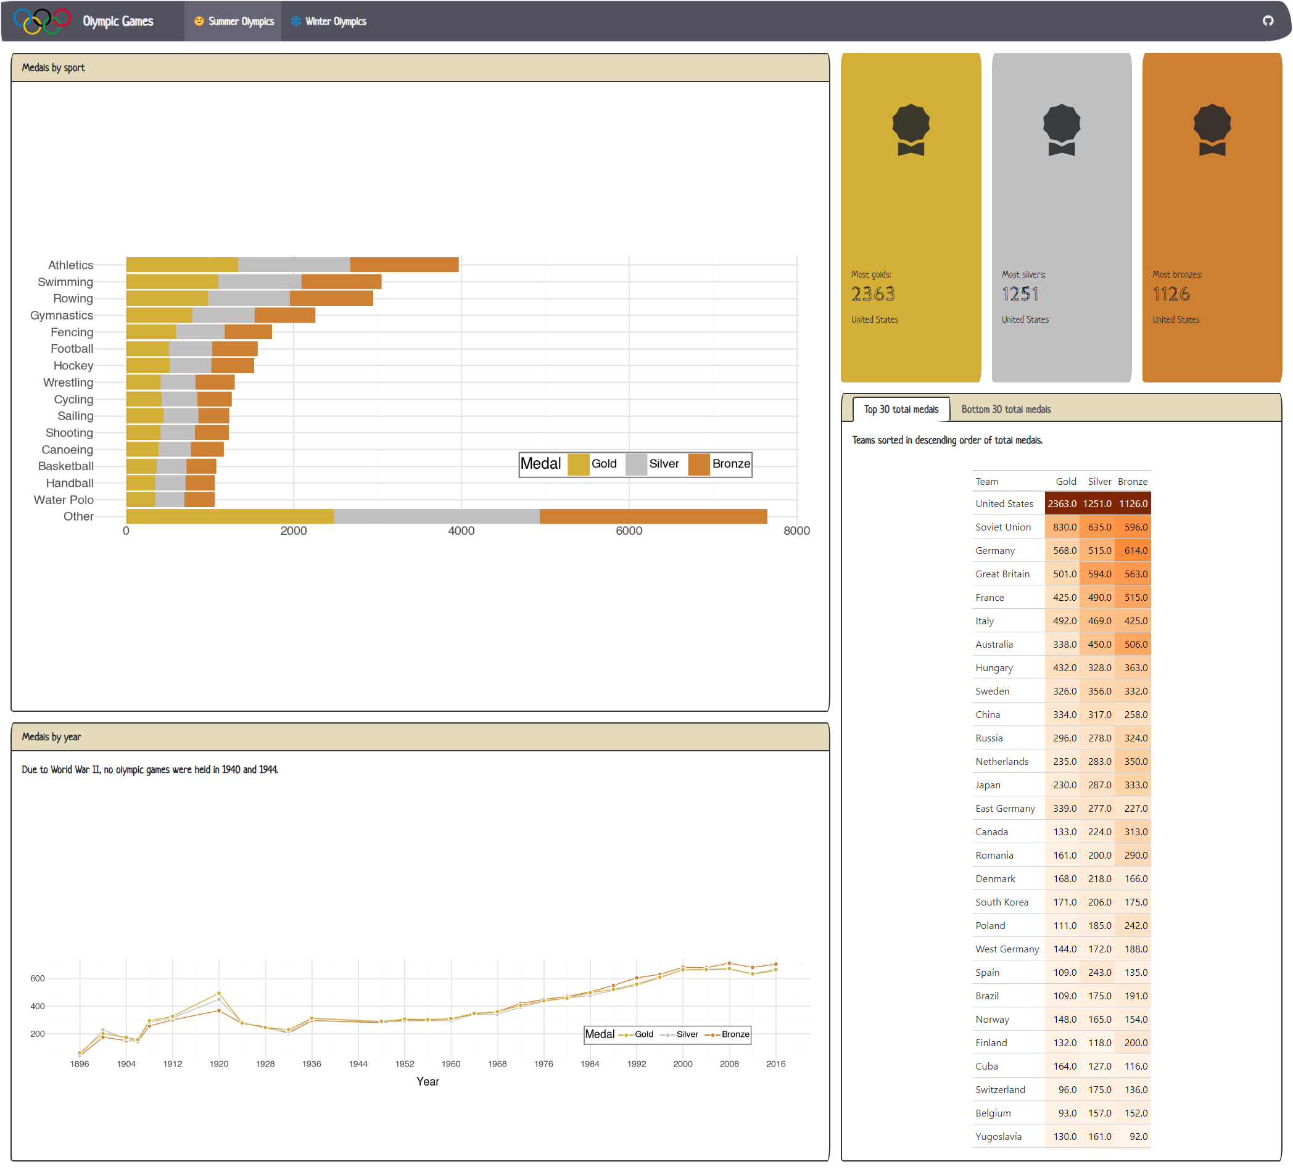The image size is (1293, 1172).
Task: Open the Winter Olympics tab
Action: tap(329, 21)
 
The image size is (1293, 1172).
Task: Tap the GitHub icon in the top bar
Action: tap(1267, 20)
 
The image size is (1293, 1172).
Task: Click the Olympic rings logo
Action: tap(42, 20)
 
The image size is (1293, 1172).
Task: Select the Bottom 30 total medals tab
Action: tap(1006, 409)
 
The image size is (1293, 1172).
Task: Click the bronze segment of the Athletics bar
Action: tap(404, 264)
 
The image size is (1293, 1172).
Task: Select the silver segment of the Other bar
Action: tap(436, 516)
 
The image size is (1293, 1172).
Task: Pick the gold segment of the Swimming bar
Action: tap(172, 282)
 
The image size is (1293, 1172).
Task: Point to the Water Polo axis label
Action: tap(64, 500)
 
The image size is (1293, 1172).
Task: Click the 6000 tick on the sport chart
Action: tap(629, 530)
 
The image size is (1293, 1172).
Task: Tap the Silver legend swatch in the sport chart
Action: tap(635, 464)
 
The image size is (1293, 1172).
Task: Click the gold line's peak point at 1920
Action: tap(220, 993)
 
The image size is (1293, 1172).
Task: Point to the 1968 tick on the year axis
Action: tap(497, 1063)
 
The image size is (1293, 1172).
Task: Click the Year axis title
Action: tap(428, 1081)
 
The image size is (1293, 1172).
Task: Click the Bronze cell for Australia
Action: tap(1134, 644)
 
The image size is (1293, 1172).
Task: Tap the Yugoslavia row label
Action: tap(998, 1136)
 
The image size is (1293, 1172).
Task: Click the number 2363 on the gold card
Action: tap(873, 294)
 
